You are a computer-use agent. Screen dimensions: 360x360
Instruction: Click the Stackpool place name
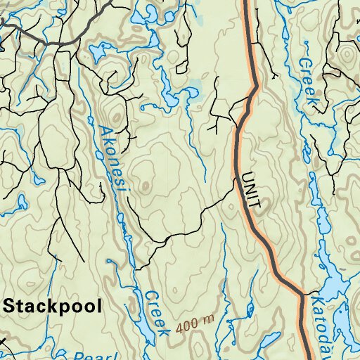(53, 306)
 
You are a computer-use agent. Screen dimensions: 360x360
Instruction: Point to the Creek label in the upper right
(309, 81)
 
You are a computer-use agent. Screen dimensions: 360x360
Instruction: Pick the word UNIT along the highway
(251, 192)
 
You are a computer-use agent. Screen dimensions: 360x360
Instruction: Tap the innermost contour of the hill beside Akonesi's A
(113, 114)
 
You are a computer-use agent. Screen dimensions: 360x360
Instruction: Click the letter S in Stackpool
(11, 306)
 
